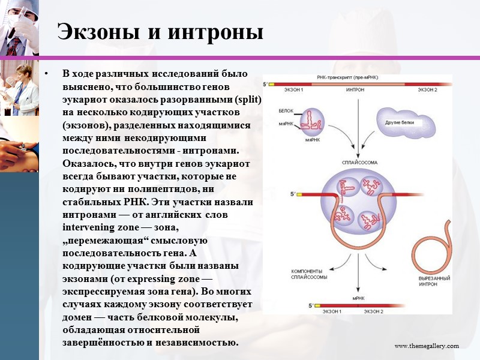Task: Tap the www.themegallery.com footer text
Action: click(426, 346)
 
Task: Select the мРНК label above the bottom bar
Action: click(359, 298)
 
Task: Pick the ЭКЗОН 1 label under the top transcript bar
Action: click(293, 90)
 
